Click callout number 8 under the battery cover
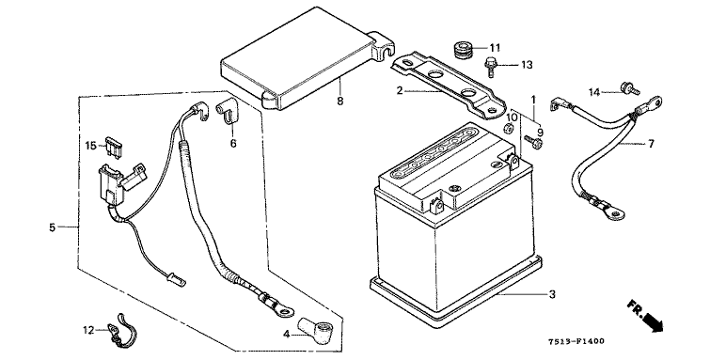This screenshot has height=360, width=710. [x=339, y=101]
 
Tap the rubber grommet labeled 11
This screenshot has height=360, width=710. [x=464, y=50]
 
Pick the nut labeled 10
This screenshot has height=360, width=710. [x=509, y=129]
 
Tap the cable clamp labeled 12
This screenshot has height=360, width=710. [x=121, y=332]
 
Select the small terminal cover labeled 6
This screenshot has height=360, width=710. [x=228, y=112]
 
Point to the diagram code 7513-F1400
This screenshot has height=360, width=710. [x=576, y=341]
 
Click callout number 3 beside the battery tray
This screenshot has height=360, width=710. [x=552, y=294]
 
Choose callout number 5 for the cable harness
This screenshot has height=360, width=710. [x=52, y=227]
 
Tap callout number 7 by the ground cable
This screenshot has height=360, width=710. [x=651, y=144]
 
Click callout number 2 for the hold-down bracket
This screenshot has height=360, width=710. [x=399, y=90]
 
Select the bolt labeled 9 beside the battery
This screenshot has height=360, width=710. [x=533, y=143]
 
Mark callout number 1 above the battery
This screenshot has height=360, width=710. [x=533, y=100]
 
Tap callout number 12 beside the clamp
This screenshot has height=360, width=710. [x=88, y=331]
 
